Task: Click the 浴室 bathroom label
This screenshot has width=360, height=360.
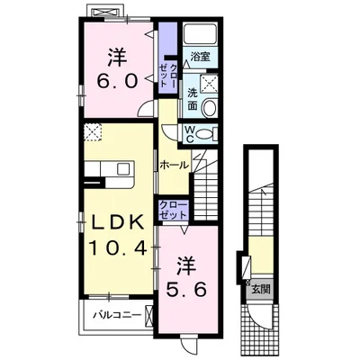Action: click(201, 57)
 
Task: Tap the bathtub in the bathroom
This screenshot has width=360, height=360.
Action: click(199, 34)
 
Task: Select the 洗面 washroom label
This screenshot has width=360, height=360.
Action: click(193, 99)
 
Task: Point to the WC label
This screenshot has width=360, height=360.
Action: click(189, 134)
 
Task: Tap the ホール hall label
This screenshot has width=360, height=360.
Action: click(175, 165)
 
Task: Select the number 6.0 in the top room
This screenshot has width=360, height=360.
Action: click(117, 80)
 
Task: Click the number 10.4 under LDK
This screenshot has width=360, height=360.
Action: click(117, 247)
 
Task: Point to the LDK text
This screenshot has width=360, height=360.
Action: click(117, 222)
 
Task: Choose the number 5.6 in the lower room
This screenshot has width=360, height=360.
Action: click(186, 290)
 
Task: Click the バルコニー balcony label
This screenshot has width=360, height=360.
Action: click(116, 315)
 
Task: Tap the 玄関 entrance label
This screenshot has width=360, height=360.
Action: click(261, 290)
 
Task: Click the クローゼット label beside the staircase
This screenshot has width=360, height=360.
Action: click(174, 210)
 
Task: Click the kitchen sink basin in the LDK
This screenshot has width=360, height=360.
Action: click(122, 169)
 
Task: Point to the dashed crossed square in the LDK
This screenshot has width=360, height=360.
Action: click(93, 132)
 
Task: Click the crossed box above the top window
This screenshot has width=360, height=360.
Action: click(105, 13)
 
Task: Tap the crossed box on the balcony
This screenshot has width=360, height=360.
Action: click(149, 316)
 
